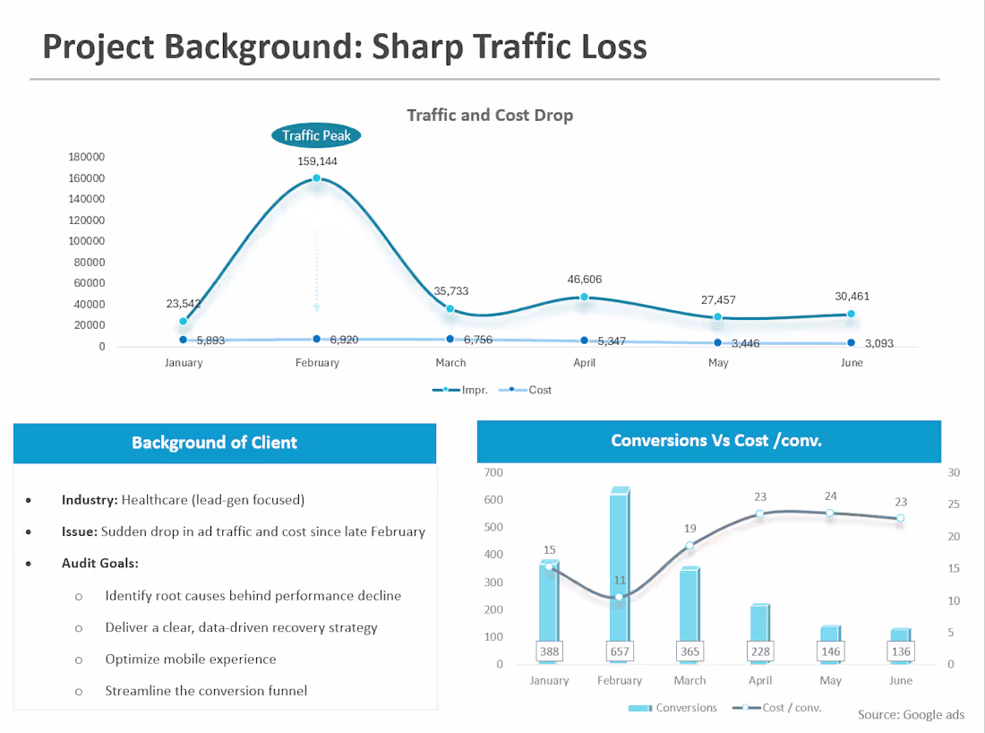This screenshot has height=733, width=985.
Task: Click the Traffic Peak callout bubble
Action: click(x=316, y=135)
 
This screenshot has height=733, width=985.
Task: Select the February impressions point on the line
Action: click(x=317, y=178)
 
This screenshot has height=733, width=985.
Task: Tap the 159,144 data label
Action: click(x=317, y=161)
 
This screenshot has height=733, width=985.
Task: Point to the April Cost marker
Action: click(x=584, y=341)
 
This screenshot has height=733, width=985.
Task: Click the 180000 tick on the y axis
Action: click(x=87, y=157)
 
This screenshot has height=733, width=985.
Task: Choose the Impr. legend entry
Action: click(x=460, y=390)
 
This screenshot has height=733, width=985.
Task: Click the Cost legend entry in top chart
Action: click(x=525, y=390)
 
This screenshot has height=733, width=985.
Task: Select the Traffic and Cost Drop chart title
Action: click(x=490, y=115)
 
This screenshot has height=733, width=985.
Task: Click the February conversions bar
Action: click(x=620, y=574)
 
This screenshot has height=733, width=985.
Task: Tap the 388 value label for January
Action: click(x=549, y=651)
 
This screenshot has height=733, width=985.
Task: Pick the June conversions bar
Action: click(x=900, y=645)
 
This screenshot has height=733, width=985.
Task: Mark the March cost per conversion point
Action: click(x=689, y=545)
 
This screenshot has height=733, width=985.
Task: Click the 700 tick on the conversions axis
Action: click(x=493, y=472)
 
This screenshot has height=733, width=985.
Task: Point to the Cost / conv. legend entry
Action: click(x=777, y=708)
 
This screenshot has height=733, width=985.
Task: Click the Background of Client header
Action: click(x=214, y=443)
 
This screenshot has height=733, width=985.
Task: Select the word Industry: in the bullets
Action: click(x=90, y=500)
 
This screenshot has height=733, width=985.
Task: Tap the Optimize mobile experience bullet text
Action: click(x=191, y=660)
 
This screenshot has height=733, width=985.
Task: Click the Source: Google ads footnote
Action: click(x=911, y=715)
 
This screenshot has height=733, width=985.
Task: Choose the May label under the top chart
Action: click(x=718, y=363)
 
